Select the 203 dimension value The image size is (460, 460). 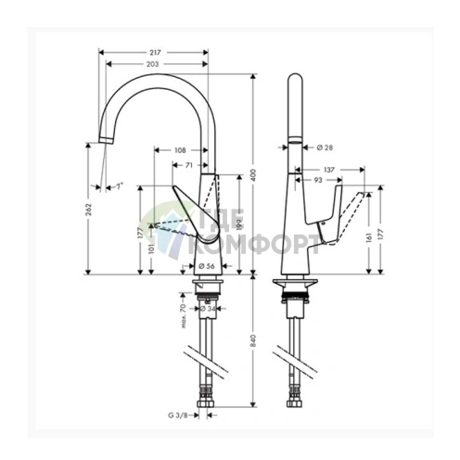154,65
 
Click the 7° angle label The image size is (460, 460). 118,186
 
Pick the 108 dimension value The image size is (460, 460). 180,149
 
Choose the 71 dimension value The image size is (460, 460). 188,164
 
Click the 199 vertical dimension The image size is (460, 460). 239,224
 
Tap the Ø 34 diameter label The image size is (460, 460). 209,309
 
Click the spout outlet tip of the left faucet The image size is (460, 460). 105,142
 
